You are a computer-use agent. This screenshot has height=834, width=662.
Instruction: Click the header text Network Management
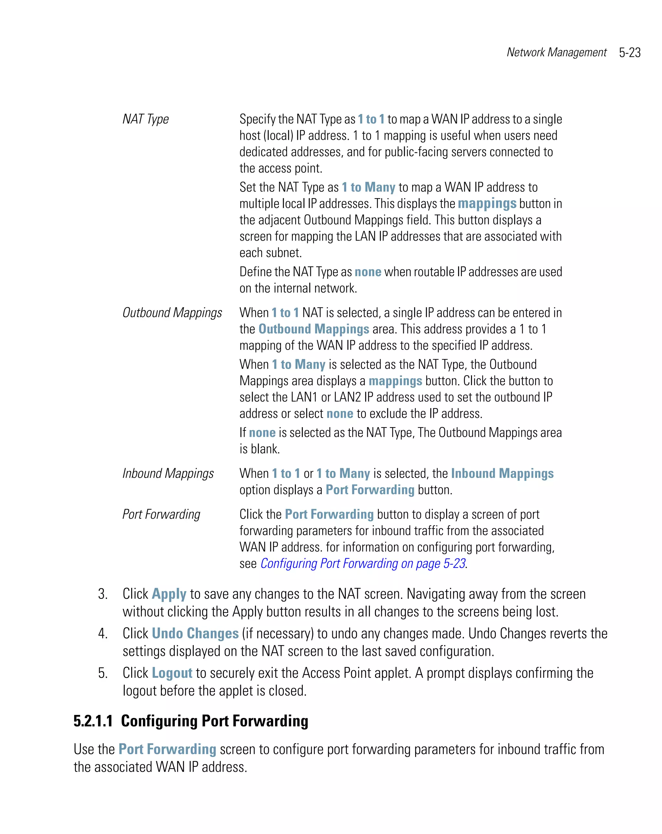(x=556, y=52)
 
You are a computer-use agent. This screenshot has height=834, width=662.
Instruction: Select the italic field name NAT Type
(x=145, y=119)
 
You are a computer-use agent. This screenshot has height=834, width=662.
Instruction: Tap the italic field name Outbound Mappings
(x=172, y=313)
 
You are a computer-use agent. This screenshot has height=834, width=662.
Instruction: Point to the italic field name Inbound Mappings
(x=168, y=473)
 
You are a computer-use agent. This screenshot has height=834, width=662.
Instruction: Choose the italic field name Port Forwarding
(x=161, y=514)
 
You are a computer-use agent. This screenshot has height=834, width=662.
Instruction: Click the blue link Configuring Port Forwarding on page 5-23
(x=362, y=563)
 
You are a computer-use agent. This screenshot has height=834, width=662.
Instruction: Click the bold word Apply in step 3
(x=169, y=594)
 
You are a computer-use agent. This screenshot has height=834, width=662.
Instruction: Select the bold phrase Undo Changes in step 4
(x=195, y=633)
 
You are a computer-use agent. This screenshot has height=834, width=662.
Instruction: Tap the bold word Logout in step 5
(x=172, y=673)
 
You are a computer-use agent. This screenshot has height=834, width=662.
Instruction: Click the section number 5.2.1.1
(x=93, y=721)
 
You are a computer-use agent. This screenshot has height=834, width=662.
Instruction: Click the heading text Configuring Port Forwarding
(x=214, y=721)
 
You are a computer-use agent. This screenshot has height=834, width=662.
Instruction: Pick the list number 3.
(x=102, y=594)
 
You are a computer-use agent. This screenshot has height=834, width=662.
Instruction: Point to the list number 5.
(x=102, y=673)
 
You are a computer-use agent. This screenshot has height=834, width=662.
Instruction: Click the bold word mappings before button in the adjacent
(x=487, y=203)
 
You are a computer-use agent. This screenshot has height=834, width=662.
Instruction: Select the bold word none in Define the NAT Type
(x=368, y=272)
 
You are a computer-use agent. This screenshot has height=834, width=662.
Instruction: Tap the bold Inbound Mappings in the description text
(x=502, y=473)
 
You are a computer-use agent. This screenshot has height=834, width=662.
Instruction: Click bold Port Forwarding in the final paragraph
(x=167, y=749)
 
